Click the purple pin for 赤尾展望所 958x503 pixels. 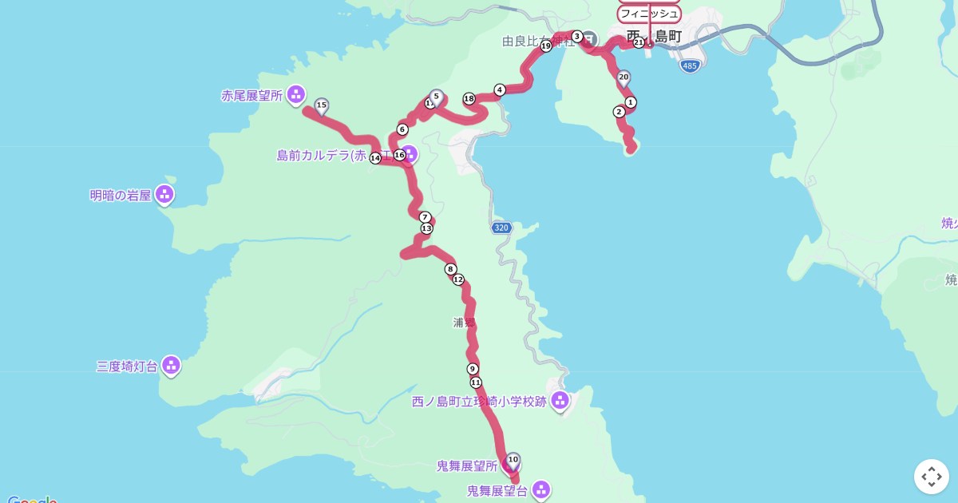[295, 94]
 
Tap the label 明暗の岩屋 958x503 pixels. [121, 195]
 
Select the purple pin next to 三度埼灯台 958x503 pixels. [171, 365]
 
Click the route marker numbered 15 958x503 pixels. [322, 105]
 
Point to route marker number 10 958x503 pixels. [513, 460]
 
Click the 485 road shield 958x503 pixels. [691, 65]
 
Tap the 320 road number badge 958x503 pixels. [501, 228]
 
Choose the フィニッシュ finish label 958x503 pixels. [649, 14]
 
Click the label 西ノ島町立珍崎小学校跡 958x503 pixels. [479, 402]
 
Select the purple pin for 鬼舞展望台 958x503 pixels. [541, 489]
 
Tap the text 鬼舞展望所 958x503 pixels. [467, 465]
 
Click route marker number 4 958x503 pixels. [500, 89]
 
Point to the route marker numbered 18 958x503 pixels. [469, 99]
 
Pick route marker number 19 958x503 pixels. [546, 46]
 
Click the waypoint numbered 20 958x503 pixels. [623, 77]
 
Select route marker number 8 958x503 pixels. [451, 269]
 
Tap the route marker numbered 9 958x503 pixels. [473, 368]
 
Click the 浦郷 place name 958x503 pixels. [464, 323]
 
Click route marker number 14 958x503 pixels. [375, 158]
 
